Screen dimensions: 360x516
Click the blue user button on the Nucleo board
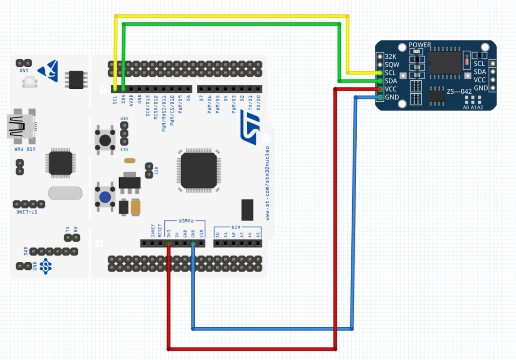point(105,197)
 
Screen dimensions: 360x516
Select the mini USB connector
point(20,127)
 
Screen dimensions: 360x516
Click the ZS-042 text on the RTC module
point(459,91)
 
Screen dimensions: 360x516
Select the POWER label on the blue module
point(420,45)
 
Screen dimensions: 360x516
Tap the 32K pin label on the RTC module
point(390,57)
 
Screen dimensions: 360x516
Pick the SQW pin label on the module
point(391,65)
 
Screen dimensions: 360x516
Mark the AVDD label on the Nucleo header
point(131,100)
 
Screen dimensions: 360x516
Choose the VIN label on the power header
point(201,234)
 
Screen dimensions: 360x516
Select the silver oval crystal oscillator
point(65,193)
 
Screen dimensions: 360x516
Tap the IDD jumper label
point(156,171)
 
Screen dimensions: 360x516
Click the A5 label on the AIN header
point(258,234)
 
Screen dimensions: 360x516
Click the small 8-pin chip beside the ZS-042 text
point(437,95)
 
